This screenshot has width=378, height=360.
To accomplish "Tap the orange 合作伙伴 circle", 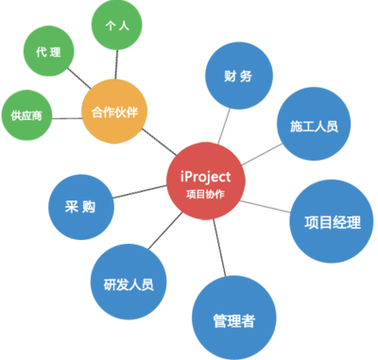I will point(115,111).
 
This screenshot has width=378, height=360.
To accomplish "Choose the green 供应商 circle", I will point(27,115).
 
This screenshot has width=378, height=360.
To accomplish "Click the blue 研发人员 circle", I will point(122,283).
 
